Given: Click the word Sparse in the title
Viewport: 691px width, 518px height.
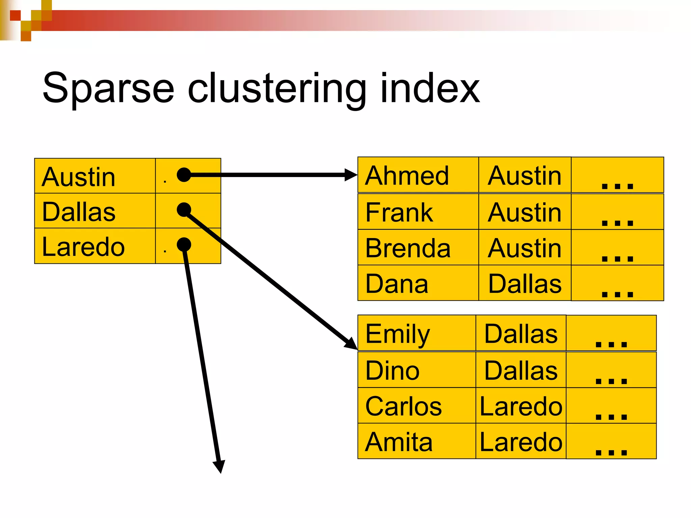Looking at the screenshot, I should pos(108,88).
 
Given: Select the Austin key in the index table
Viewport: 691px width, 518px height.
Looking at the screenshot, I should pos(78,177).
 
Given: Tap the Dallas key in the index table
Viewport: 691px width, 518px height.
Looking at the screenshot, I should pos(79,212).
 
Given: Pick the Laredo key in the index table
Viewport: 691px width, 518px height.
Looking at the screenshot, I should pos(83,247).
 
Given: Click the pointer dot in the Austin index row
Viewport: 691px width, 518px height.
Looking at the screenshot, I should pos(184,175).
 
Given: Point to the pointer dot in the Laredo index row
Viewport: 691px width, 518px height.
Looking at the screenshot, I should pos(184,244).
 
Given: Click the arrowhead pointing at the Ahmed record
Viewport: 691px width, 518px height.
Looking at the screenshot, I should pos(351,175).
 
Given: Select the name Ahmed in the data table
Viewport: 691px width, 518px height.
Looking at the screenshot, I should pos(407,176).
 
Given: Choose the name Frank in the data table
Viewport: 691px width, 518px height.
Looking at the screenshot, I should pos(399,212).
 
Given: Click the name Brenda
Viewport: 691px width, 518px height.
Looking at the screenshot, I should pos(408,248).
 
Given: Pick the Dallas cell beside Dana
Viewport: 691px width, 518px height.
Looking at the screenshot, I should pos(525,284).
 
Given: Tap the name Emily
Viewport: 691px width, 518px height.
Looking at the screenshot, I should pos(397,334).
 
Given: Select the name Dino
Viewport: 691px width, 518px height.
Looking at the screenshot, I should pos(392,370).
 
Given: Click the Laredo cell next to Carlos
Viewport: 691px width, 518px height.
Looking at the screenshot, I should pos(521,406).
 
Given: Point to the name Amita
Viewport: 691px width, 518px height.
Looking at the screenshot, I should pos(398,442).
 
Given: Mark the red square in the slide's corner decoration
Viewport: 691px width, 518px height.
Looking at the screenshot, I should pos(15,16).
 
